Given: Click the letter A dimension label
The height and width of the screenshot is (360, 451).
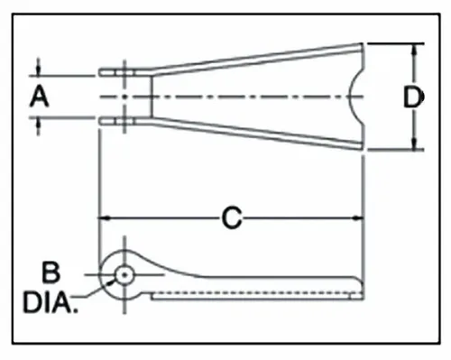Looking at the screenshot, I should [38, 96].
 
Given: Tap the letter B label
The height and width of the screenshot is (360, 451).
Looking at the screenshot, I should [51, 270].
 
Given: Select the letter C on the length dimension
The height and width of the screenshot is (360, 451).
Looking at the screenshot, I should [232, 217].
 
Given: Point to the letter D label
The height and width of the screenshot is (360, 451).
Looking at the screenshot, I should [413, 97].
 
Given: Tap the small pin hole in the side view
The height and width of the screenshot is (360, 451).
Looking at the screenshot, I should [124, 273].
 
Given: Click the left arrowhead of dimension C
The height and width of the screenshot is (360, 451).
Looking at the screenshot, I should [103, 217].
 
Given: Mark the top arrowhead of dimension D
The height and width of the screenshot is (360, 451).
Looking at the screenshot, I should [414, 49].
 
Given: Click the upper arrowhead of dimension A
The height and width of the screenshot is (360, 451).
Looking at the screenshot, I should [39, 70].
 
